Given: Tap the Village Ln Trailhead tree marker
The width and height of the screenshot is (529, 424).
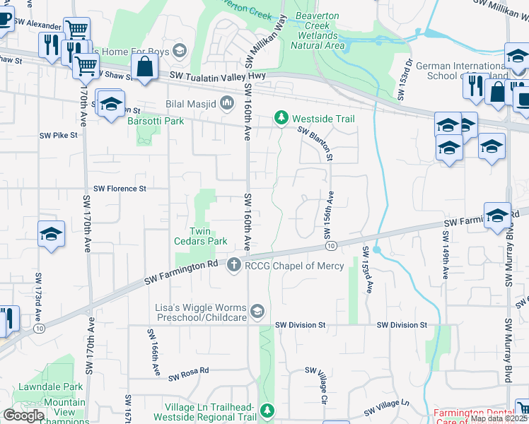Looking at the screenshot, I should [x=267, y=410].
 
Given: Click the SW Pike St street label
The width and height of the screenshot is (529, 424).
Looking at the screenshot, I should [x=58, y=135].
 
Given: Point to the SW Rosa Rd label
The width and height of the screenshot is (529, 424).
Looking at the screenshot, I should [x=189, y=370].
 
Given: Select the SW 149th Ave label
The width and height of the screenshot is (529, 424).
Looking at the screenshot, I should [x=446, y=260].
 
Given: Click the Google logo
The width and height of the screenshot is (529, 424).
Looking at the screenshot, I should [x=23, y=416].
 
